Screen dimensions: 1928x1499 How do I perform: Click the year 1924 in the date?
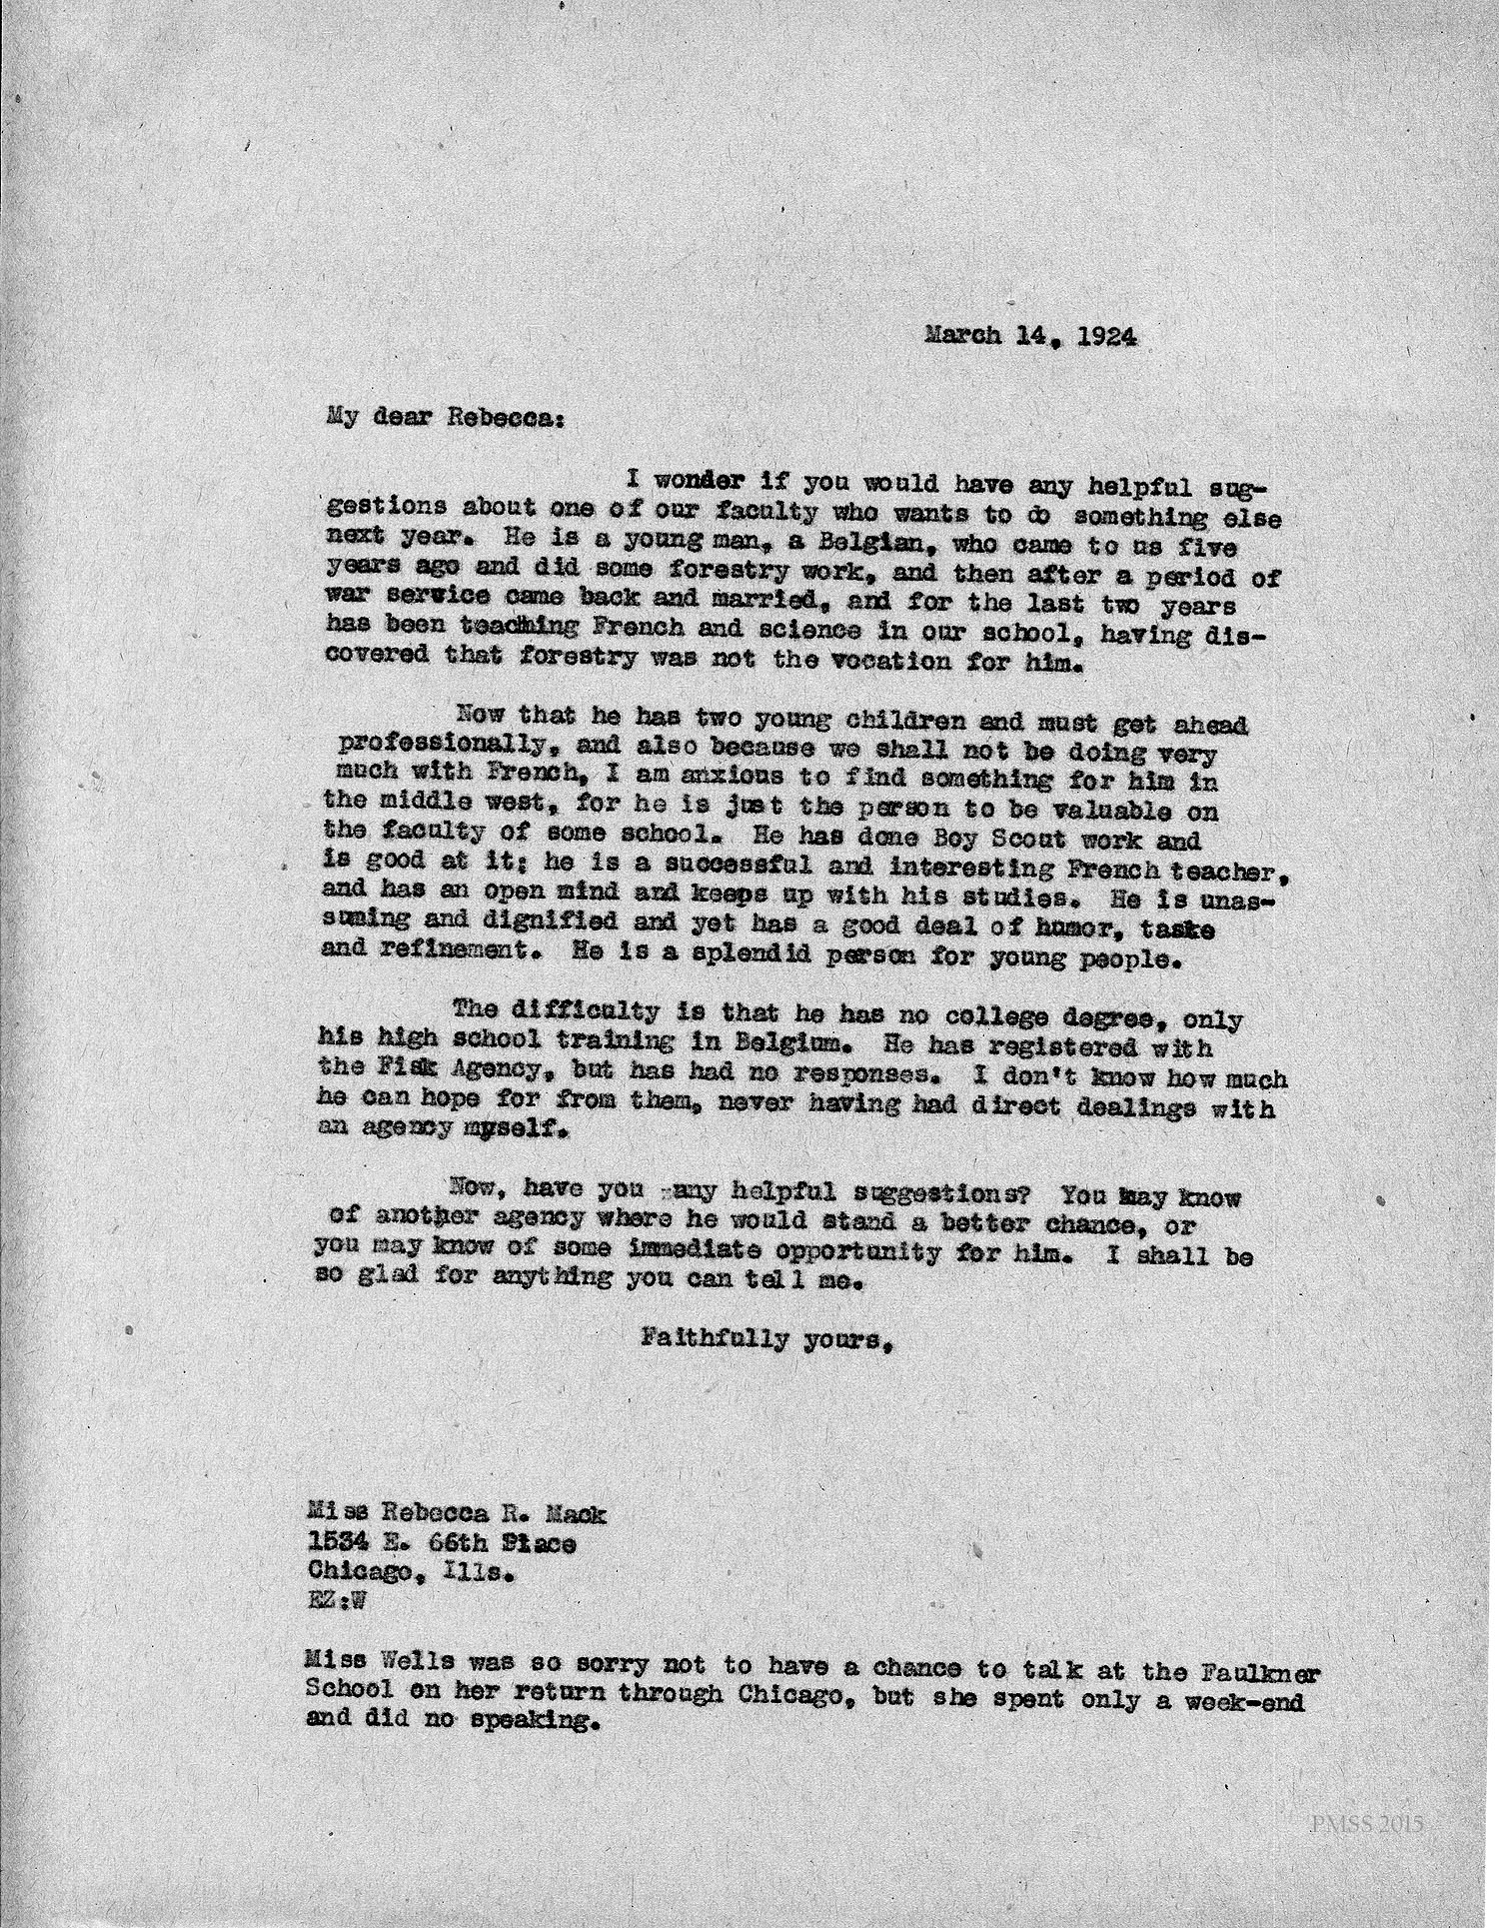1106,337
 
